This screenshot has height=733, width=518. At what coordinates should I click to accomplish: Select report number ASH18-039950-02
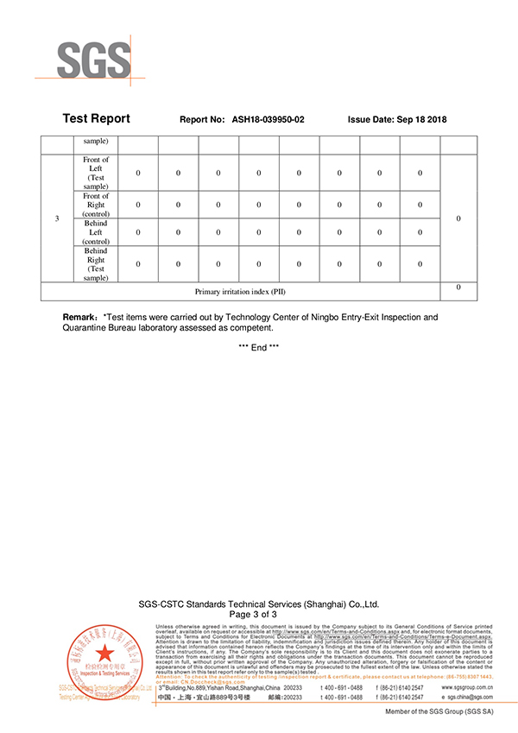click(268, 120)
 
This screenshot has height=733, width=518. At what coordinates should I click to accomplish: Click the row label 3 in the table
click(57, 218)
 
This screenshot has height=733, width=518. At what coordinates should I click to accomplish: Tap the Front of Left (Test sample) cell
click(96, 173)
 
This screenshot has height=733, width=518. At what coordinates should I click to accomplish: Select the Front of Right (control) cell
click(96, 205)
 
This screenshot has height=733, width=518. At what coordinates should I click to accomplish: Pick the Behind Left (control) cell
click(96, 232)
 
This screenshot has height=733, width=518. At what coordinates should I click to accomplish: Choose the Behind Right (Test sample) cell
click(96, 264)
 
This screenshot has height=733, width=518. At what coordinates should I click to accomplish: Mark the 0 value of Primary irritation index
click(458, 288)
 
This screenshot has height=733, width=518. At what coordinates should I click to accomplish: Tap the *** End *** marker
click(259, 347)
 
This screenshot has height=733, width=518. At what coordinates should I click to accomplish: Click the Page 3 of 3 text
click(259, 614)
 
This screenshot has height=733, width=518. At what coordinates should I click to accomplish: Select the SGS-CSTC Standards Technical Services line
click(259, 604)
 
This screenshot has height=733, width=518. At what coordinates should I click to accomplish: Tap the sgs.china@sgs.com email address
click(471, 697)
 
